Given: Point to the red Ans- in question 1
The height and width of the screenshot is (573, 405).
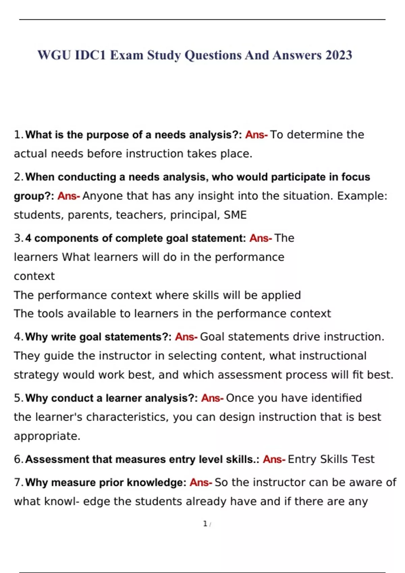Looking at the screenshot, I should pyautogui.click(x=256, y=135).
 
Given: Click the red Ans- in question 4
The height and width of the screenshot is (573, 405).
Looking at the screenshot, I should pyautogui.click(x=186, y=337).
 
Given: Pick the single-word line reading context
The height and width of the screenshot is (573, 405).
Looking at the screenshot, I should pyautogui.click(x=34, y=276).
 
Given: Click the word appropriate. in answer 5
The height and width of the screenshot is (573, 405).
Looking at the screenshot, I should pyautogui.click(x=47, y=436).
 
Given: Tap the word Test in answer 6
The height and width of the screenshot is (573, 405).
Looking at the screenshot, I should pyautogui.click(x=363, y=459).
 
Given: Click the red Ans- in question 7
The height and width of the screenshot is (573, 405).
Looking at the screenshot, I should pyautogui.click(x=201, y=483).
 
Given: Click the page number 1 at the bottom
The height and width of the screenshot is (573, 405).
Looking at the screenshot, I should pyautogui.click(x=205, y=524).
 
